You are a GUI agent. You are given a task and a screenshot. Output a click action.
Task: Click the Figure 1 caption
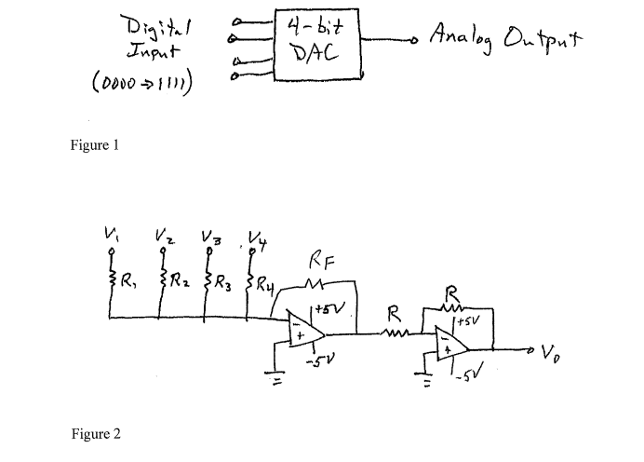tap(96, 145)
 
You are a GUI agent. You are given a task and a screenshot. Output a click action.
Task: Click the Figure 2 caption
tap(96, 434)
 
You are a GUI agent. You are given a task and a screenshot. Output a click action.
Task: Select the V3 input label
tap(209, 234)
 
